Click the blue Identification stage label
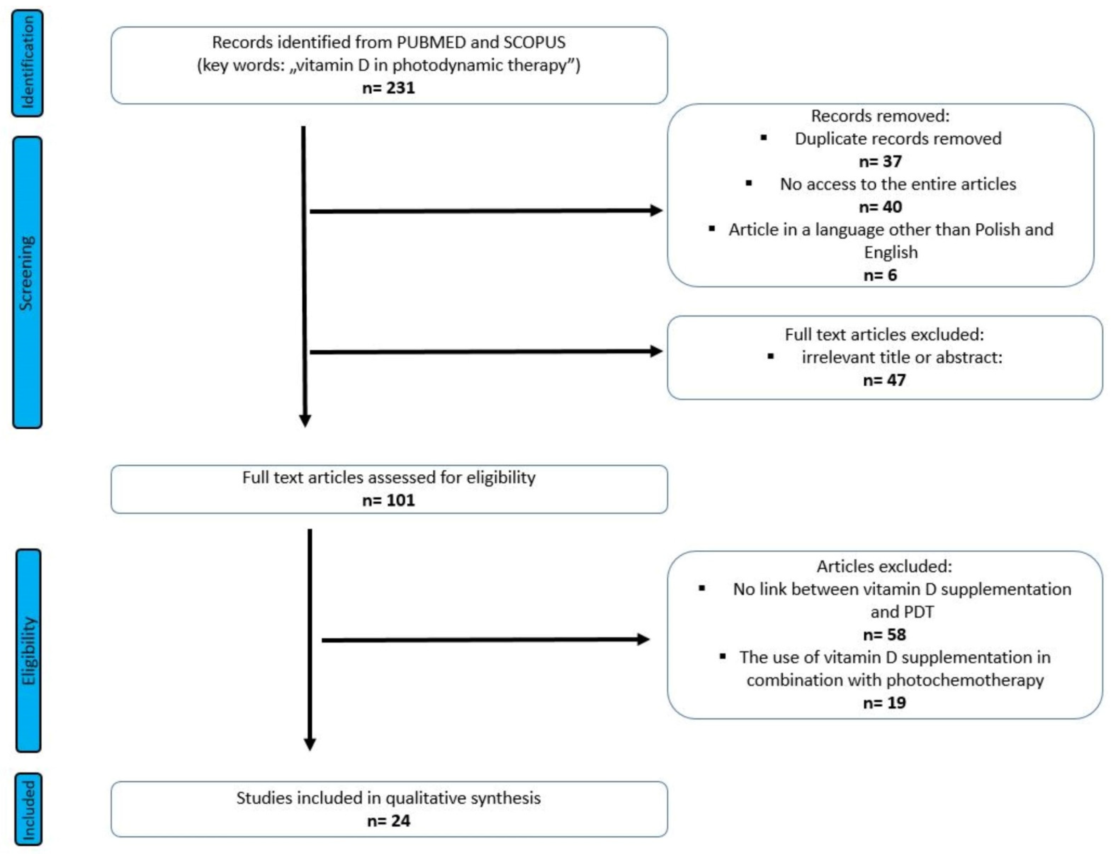[x=28, y=63]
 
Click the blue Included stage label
[x=29, y=809]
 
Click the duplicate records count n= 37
[x=880, y=161]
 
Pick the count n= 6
[x=880, y=275]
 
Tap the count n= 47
[x=884, y=380]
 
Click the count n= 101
[x=388, y=500]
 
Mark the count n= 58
[x=884, y=634]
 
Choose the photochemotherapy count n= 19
[x=884, y=702]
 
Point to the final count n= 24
[x=388, y=820]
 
